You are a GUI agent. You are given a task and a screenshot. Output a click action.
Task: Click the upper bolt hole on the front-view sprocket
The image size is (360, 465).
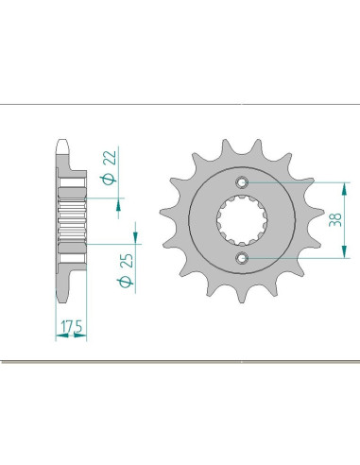[x=243, y=182]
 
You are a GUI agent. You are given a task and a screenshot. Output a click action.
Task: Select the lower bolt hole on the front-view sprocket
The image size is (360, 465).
[x=243, y=257]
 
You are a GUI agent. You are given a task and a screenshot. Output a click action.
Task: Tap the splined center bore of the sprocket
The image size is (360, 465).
[x=243, y=219]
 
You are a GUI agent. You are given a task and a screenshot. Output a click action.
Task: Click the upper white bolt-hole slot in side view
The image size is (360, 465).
[x=71, y=182]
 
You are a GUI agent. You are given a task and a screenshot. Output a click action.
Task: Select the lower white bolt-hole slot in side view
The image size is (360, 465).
[x=71, y=257]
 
